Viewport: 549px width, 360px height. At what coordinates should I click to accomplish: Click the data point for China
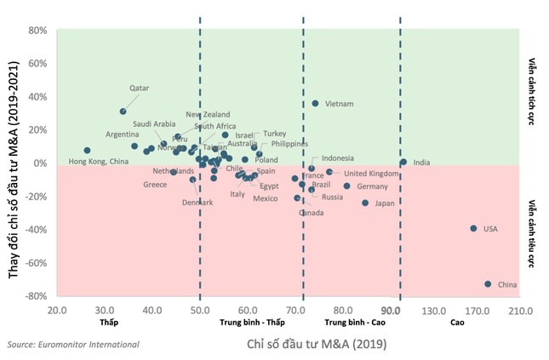488,284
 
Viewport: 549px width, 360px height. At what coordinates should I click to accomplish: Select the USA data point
473,228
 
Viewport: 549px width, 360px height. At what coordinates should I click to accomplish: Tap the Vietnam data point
316,104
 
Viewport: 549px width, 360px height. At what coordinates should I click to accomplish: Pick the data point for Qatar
123,111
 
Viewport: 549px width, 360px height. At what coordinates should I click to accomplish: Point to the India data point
403,162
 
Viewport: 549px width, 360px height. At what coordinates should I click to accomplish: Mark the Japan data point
365,203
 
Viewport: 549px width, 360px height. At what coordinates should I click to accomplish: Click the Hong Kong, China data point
87,151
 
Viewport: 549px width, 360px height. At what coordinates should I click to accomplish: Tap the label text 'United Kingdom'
372,173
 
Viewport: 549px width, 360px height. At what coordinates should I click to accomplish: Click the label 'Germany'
372,186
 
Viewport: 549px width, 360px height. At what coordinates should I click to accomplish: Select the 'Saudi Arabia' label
154,123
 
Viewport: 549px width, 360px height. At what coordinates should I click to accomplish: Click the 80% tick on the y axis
37,30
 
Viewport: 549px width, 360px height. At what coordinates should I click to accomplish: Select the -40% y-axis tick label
35,230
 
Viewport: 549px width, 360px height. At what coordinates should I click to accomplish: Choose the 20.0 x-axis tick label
57,311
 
